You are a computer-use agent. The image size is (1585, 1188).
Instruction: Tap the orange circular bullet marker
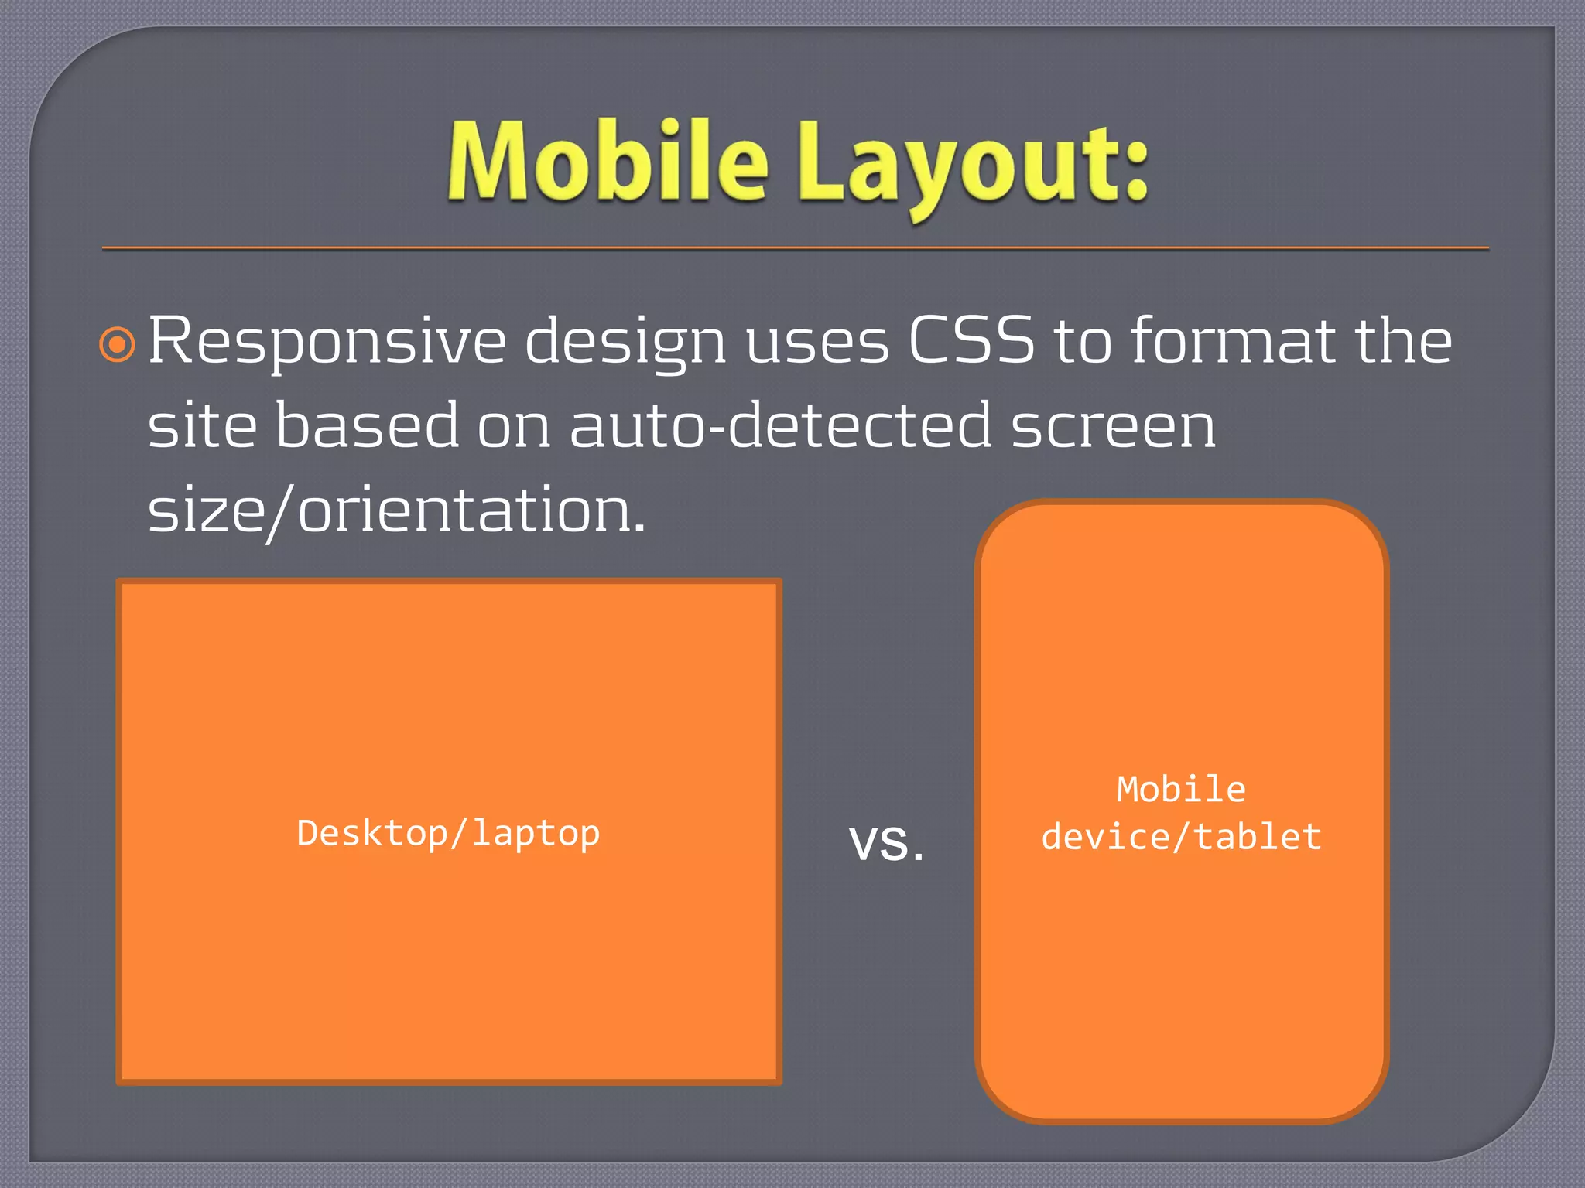(118, 344)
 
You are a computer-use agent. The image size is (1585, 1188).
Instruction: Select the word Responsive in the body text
(327, 342)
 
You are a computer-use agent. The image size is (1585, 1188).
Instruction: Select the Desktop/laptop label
(449, 834)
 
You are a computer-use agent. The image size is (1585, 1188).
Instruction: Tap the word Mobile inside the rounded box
(1181, 790)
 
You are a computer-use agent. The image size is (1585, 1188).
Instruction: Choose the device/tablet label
(1181, 838)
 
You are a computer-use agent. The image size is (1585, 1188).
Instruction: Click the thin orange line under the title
(796, 248)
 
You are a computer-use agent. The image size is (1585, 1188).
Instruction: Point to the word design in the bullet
(625, 342)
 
